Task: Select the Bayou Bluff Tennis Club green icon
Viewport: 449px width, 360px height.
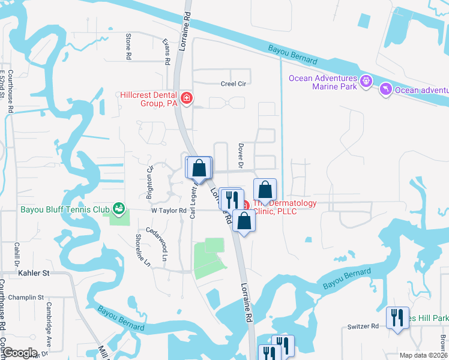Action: point(119,209)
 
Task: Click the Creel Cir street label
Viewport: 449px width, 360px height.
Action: point(234,84)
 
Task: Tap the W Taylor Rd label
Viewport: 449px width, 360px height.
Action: point(169,210)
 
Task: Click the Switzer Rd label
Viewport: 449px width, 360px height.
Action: point(363,326)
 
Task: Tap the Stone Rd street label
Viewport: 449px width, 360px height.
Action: point(128,46)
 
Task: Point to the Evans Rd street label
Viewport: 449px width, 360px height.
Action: point(167,52)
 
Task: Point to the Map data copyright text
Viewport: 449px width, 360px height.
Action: point(424,355)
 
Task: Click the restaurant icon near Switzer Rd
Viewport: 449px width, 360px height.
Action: point(396,318)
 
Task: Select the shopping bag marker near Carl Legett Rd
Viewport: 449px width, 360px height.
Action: point(200,169)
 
